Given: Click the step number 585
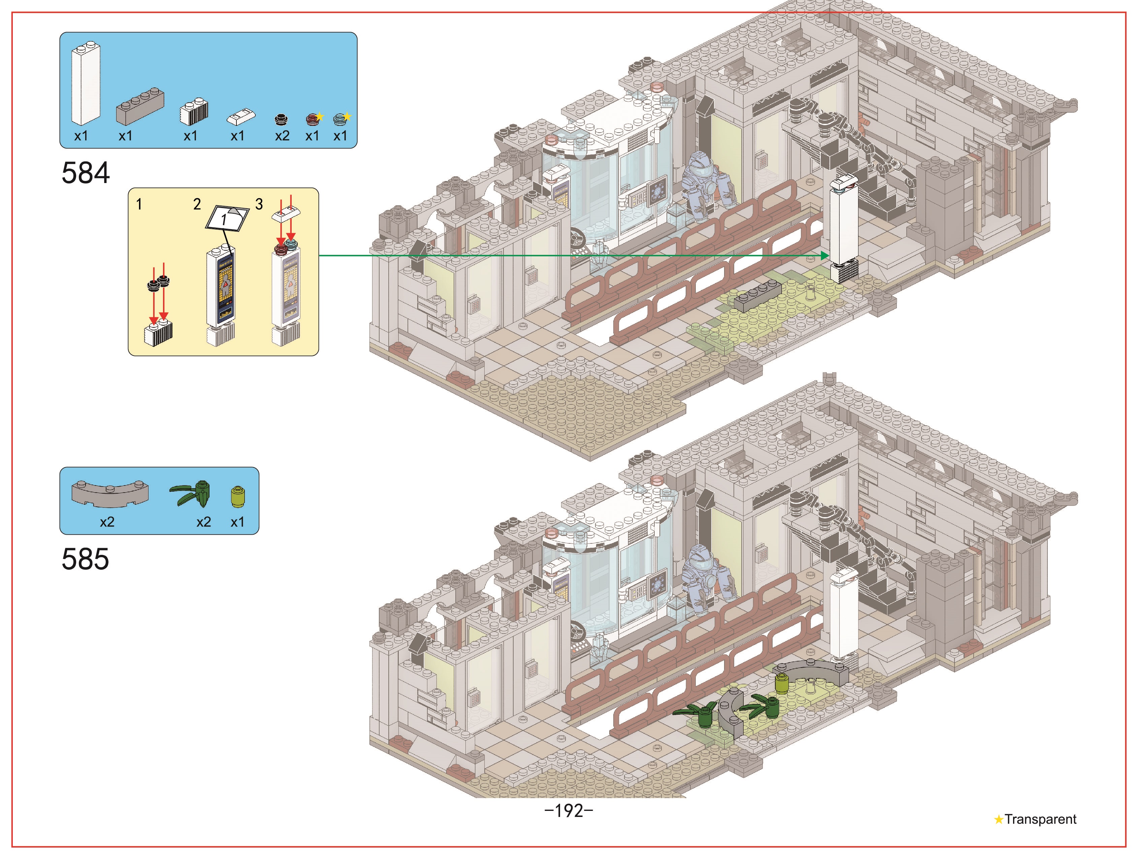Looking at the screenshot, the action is [86, 559].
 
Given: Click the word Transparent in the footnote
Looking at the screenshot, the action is [1040, 819].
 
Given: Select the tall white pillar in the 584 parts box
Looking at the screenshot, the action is [86, 84].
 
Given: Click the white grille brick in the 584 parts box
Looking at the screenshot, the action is [194, 110].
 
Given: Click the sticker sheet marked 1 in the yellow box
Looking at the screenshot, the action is [227, 218].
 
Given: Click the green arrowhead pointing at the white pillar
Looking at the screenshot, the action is [825, 255].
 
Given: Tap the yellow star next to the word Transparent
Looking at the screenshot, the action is [999, 819].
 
